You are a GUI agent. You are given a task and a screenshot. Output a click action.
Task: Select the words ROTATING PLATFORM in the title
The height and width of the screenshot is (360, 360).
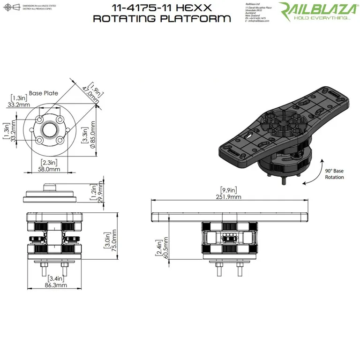tap(162, 19)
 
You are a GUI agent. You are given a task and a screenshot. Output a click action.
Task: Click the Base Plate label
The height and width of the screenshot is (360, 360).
tap(44, 93)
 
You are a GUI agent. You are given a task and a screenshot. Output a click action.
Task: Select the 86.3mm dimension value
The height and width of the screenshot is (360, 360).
tap(55, 285)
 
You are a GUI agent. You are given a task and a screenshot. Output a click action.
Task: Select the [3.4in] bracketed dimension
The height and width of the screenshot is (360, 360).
tap(55, 278)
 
